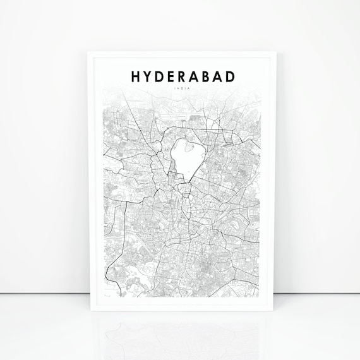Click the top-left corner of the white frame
tap(87, 52)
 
